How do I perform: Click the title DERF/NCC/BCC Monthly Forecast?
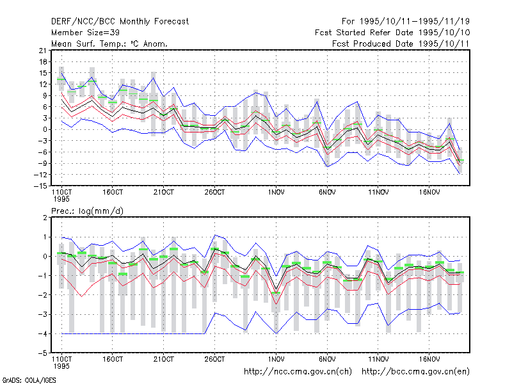(x=120, y=22)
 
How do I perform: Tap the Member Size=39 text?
(x=85, y=33)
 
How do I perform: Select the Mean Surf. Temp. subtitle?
(x=109, y=44)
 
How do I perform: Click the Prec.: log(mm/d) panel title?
(x=87, y=211)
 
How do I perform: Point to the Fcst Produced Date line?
(x=401, y=44)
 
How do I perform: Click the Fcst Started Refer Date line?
(x=392, y=33)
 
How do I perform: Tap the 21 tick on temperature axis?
(x=43, y=51)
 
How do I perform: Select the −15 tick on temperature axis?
(x=40, y=186)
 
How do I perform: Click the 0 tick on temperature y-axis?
(x=45, y=130)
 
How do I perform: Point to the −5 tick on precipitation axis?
(x=43, y=353)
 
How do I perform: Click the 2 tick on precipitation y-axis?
(x=45, y=218)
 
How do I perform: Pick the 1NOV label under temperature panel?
(x=276, y=193)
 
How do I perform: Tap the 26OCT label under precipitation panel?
(x=214, y=359)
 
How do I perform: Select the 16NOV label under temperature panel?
(x=429, y=193)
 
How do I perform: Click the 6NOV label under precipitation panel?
(x=327, y=359)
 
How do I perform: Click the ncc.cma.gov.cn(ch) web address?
(x=298, y=372)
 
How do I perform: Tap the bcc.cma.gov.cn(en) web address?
(x=415, y=372)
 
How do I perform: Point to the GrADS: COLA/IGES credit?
(x=29, y=380)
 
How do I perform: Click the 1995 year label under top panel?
(x=61, y=199)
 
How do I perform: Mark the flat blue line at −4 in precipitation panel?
(x=133, y=333)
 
